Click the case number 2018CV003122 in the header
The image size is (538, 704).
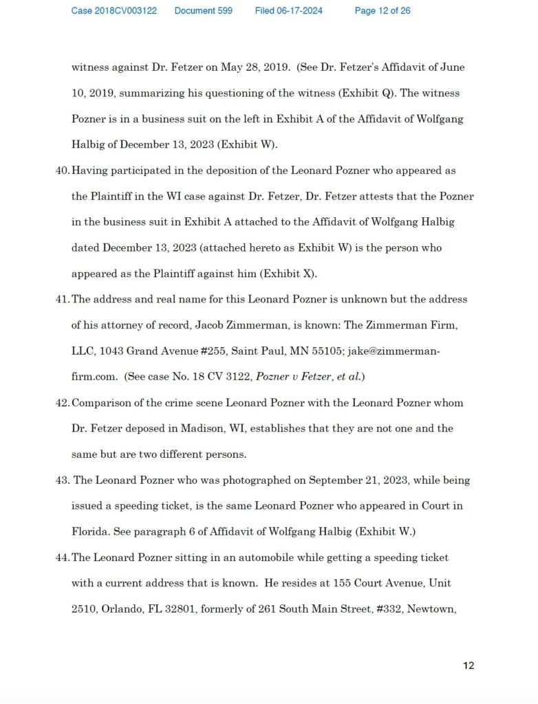[114, 11]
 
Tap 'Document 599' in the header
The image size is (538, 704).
[203, 11]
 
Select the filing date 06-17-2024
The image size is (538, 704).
[288, 11]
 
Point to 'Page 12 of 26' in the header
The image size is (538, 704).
[383, 11]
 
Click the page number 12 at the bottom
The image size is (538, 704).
[469, 665]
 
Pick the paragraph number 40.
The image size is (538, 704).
[62, 170]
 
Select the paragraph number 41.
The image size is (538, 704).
[62, 299]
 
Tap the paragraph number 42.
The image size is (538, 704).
[62, 403]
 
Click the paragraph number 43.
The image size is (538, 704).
[62, 480]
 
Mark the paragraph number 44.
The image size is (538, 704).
[62, 558]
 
